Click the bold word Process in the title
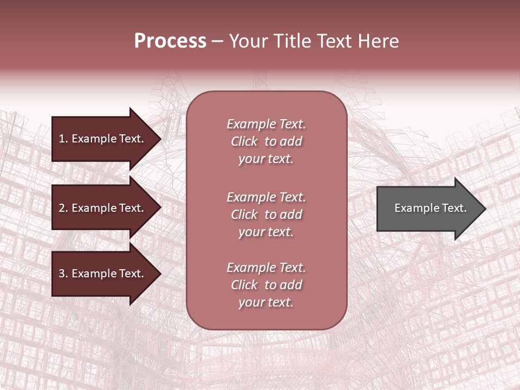tap(170, 41)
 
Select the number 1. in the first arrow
tap(63, 139)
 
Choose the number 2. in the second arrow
tap(63, 208)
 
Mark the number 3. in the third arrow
tap(63, 274)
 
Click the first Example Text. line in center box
tap(266, 124)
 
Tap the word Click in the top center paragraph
tap(244, 141)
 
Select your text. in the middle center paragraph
tap(266, 232)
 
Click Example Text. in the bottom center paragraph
tap(266, 268)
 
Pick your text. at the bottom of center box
tap(266, 302)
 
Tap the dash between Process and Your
tap(218, 42)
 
